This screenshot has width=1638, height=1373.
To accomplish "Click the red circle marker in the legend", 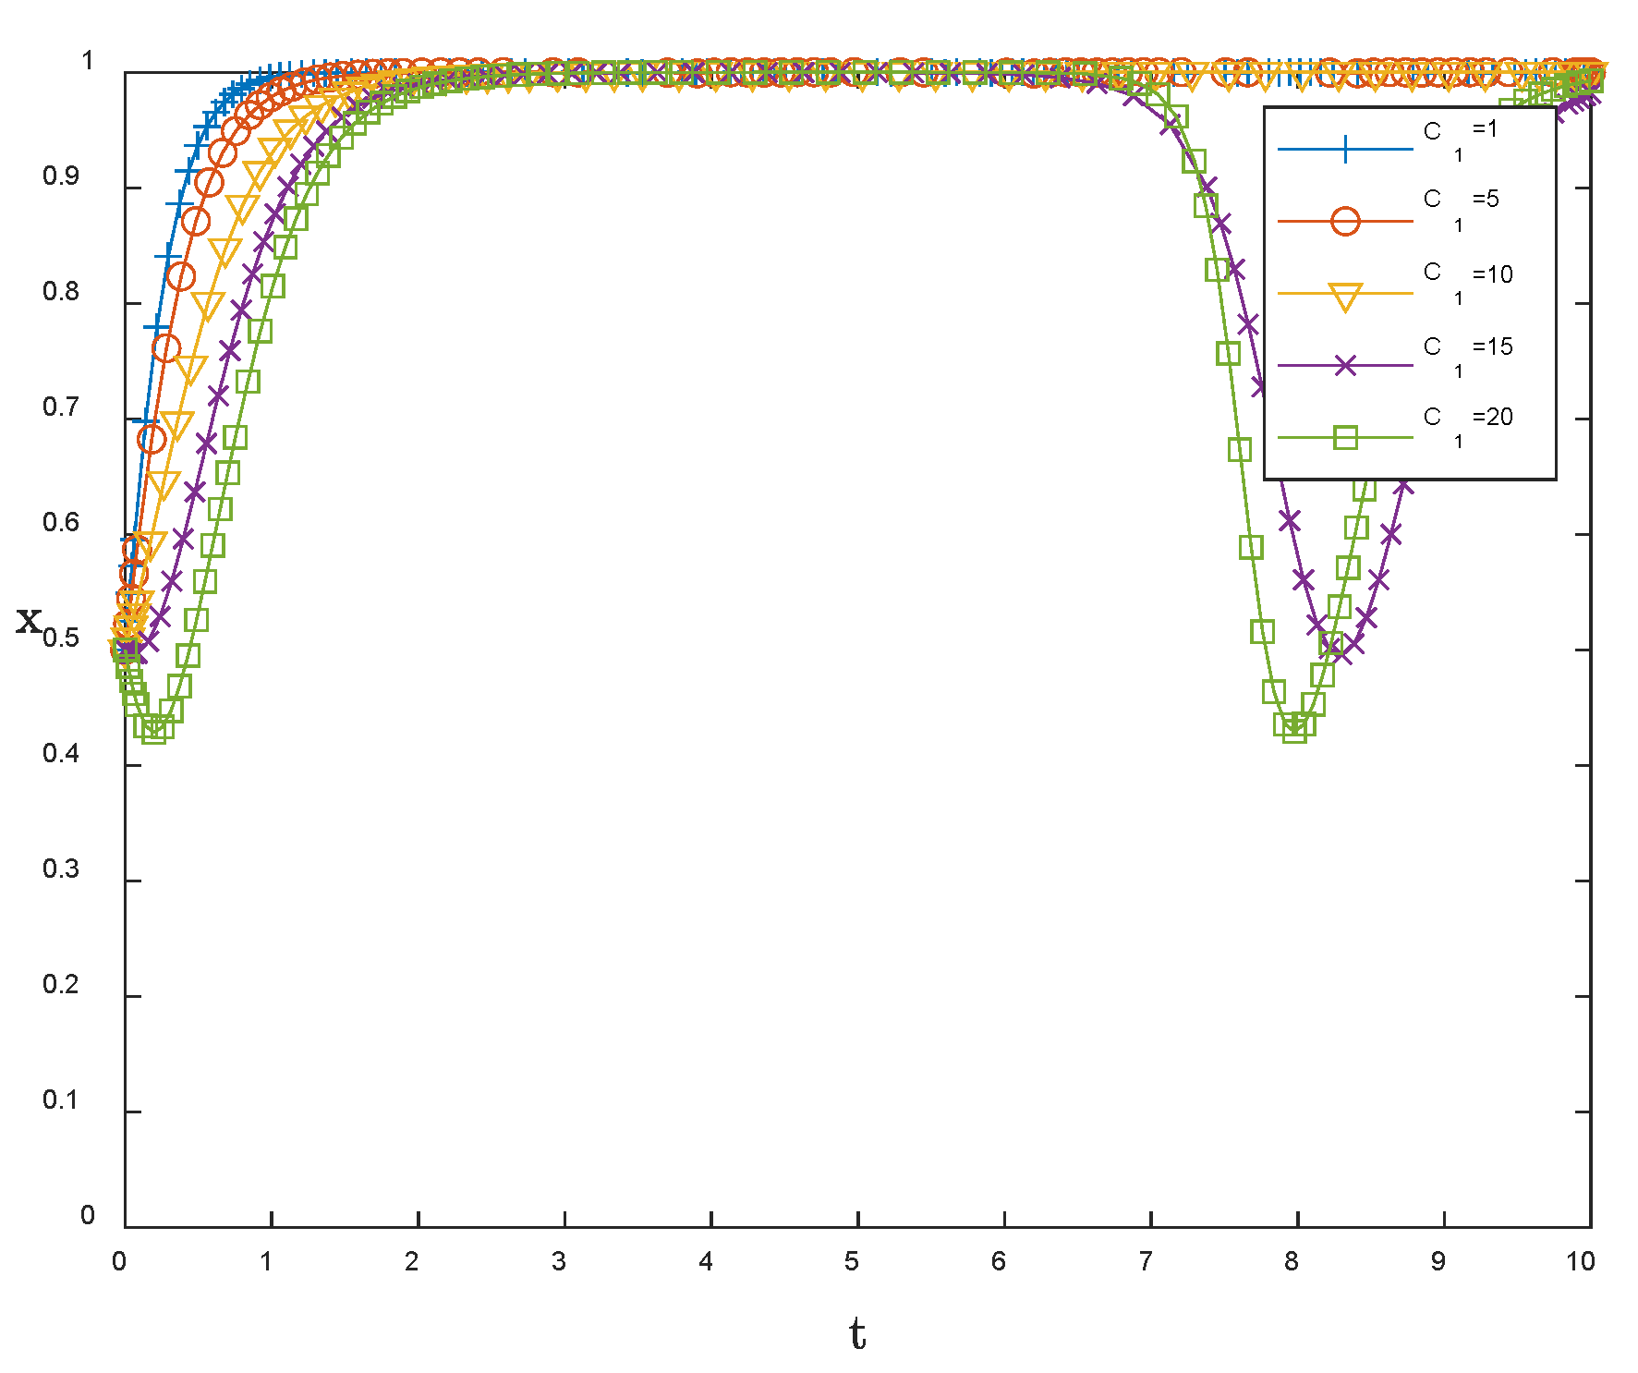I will pos(1345,222).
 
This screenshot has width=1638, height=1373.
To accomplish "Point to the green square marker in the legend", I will pos(1345,437).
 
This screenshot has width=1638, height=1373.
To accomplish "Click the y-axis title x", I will pos(29,620).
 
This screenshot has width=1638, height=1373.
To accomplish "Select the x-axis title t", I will pos(857,1334).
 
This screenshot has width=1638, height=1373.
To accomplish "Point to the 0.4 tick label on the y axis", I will pos(60,754).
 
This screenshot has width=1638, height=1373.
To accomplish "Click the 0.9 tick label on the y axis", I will pos(60,176).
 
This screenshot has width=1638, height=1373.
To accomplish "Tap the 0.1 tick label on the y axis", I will pos(60,1100).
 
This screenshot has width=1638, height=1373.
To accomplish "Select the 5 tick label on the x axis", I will pos(851,1262).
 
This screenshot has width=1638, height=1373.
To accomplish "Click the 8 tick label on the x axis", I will pos(1291,1262).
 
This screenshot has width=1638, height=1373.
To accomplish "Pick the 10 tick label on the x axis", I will pos(1580,1262).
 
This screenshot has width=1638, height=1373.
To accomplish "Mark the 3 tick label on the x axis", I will pos(558,1262).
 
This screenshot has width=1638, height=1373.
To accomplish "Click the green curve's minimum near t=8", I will pos(1295,729).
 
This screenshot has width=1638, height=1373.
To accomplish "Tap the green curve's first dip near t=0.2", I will pos(154,730).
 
